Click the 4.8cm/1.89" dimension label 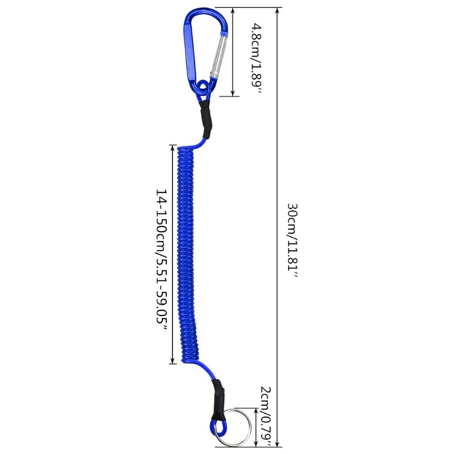(x=256, y=59)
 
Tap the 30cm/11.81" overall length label (x=292, y=241)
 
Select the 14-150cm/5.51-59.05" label (x=161, y=260)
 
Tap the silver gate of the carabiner (x=220, y=56)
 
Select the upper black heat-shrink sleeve (x=206, y=119)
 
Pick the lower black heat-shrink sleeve (x=218, y=400)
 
